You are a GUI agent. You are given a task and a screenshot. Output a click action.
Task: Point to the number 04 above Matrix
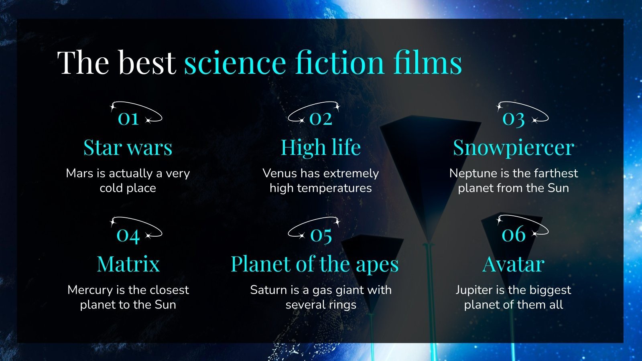coord(128,235)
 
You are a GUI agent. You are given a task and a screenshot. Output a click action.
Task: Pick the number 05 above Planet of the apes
coord(321,235)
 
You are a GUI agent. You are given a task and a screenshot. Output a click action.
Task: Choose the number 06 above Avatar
coord(513,234)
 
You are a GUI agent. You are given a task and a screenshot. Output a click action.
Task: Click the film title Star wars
coord(128,148)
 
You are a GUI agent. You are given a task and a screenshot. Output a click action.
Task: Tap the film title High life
coord(321,148)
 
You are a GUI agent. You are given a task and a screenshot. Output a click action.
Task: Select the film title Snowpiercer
coord(513,148)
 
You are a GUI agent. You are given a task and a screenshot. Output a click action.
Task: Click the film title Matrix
coord(128,264)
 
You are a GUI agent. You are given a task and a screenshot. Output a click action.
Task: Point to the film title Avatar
coord(513,264)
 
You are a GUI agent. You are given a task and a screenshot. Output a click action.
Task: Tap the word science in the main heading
coord(235,63)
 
